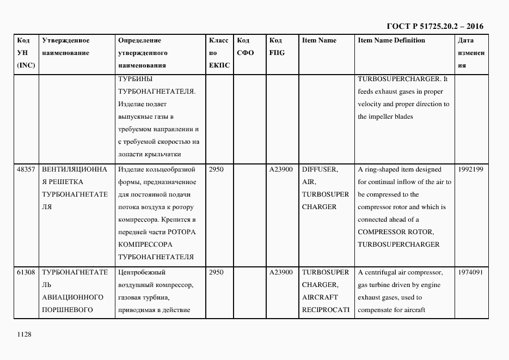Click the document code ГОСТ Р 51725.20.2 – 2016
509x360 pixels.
pyautogui.click(x=434, y=26)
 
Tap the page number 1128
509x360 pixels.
pyautogui.click(x=24, y=334)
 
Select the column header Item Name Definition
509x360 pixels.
pyautogui.click(x=391, y=41)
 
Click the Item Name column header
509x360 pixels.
pyautogui.click(x=319, y=41)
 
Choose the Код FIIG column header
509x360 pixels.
pyautogui.click(x=277, y=47)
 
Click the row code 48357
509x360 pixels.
pyautogui.click(x=26, y=169)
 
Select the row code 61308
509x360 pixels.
pyautogui.click(x=26, y=272)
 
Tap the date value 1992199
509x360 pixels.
pyautogui.click(x=471, y=169)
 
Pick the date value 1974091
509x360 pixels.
pyautogui.click(x=471, y=272)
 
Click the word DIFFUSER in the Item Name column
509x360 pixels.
pyautogui.click(x=320, y=169)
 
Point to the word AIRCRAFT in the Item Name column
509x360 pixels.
pyautogui.click(x=320, y=297)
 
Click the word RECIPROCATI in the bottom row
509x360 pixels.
pyautogui.click(x=325, y=310)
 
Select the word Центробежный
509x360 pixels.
pyautogui.click(x=142, y=272)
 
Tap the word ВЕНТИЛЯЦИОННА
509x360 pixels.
pyautogui.click(x=75, y=169)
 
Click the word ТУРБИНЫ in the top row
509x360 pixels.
pyautogui.click(x=131, y=78)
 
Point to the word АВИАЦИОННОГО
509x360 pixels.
pyautogui.click(x=72, y=297)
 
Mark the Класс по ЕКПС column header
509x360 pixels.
pyautogui.click(x=219, y=53)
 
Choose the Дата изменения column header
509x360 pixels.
pyautogui.click(x=471, y=53)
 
